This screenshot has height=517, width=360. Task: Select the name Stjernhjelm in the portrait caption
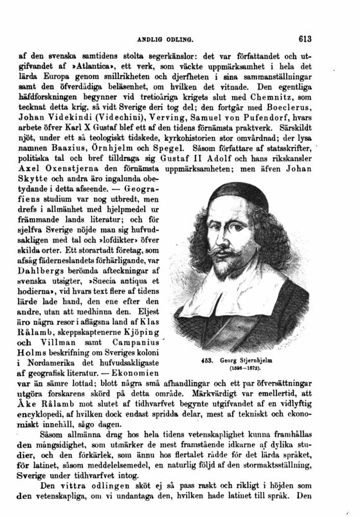pyautogui.click(x=256, y=360)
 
